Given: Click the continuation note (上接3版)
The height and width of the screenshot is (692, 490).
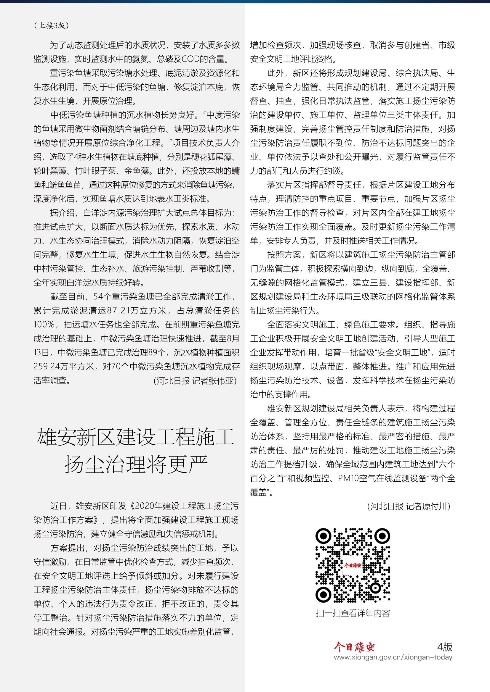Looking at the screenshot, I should (51, 25).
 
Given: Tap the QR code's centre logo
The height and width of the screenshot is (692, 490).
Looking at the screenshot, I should (353, 565).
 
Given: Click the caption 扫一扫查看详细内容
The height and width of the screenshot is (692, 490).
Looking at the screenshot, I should (353, 613).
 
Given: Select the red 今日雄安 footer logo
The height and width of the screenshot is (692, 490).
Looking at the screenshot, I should (354, 647).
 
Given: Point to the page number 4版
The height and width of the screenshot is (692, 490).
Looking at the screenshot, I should (444, 646).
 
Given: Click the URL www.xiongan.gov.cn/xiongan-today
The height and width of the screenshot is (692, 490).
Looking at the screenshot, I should (393, 657).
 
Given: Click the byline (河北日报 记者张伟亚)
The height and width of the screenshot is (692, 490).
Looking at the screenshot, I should (195, 381).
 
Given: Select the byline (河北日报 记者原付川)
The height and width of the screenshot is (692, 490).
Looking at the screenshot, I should (409, 506).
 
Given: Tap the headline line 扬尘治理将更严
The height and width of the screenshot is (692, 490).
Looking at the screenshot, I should (136, 464).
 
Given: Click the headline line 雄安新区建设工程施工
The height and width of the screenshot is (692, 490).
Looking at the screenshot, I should (136, 437).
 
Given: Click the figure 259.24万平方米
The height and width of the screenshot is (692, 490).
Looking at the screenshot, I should (64, 367).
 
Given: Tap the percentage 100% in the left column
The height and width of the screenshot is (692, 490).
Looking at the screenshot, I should (44, 325).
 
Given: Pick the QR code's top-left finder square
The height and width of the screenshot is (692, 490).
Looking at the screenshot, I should (323, 536).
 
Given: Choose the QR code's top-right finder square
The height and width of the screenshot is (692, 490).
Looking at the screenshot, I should (382, 536).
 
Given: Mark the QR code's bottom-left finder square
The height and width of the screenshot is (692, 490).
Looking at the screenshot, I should (323, 595).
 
